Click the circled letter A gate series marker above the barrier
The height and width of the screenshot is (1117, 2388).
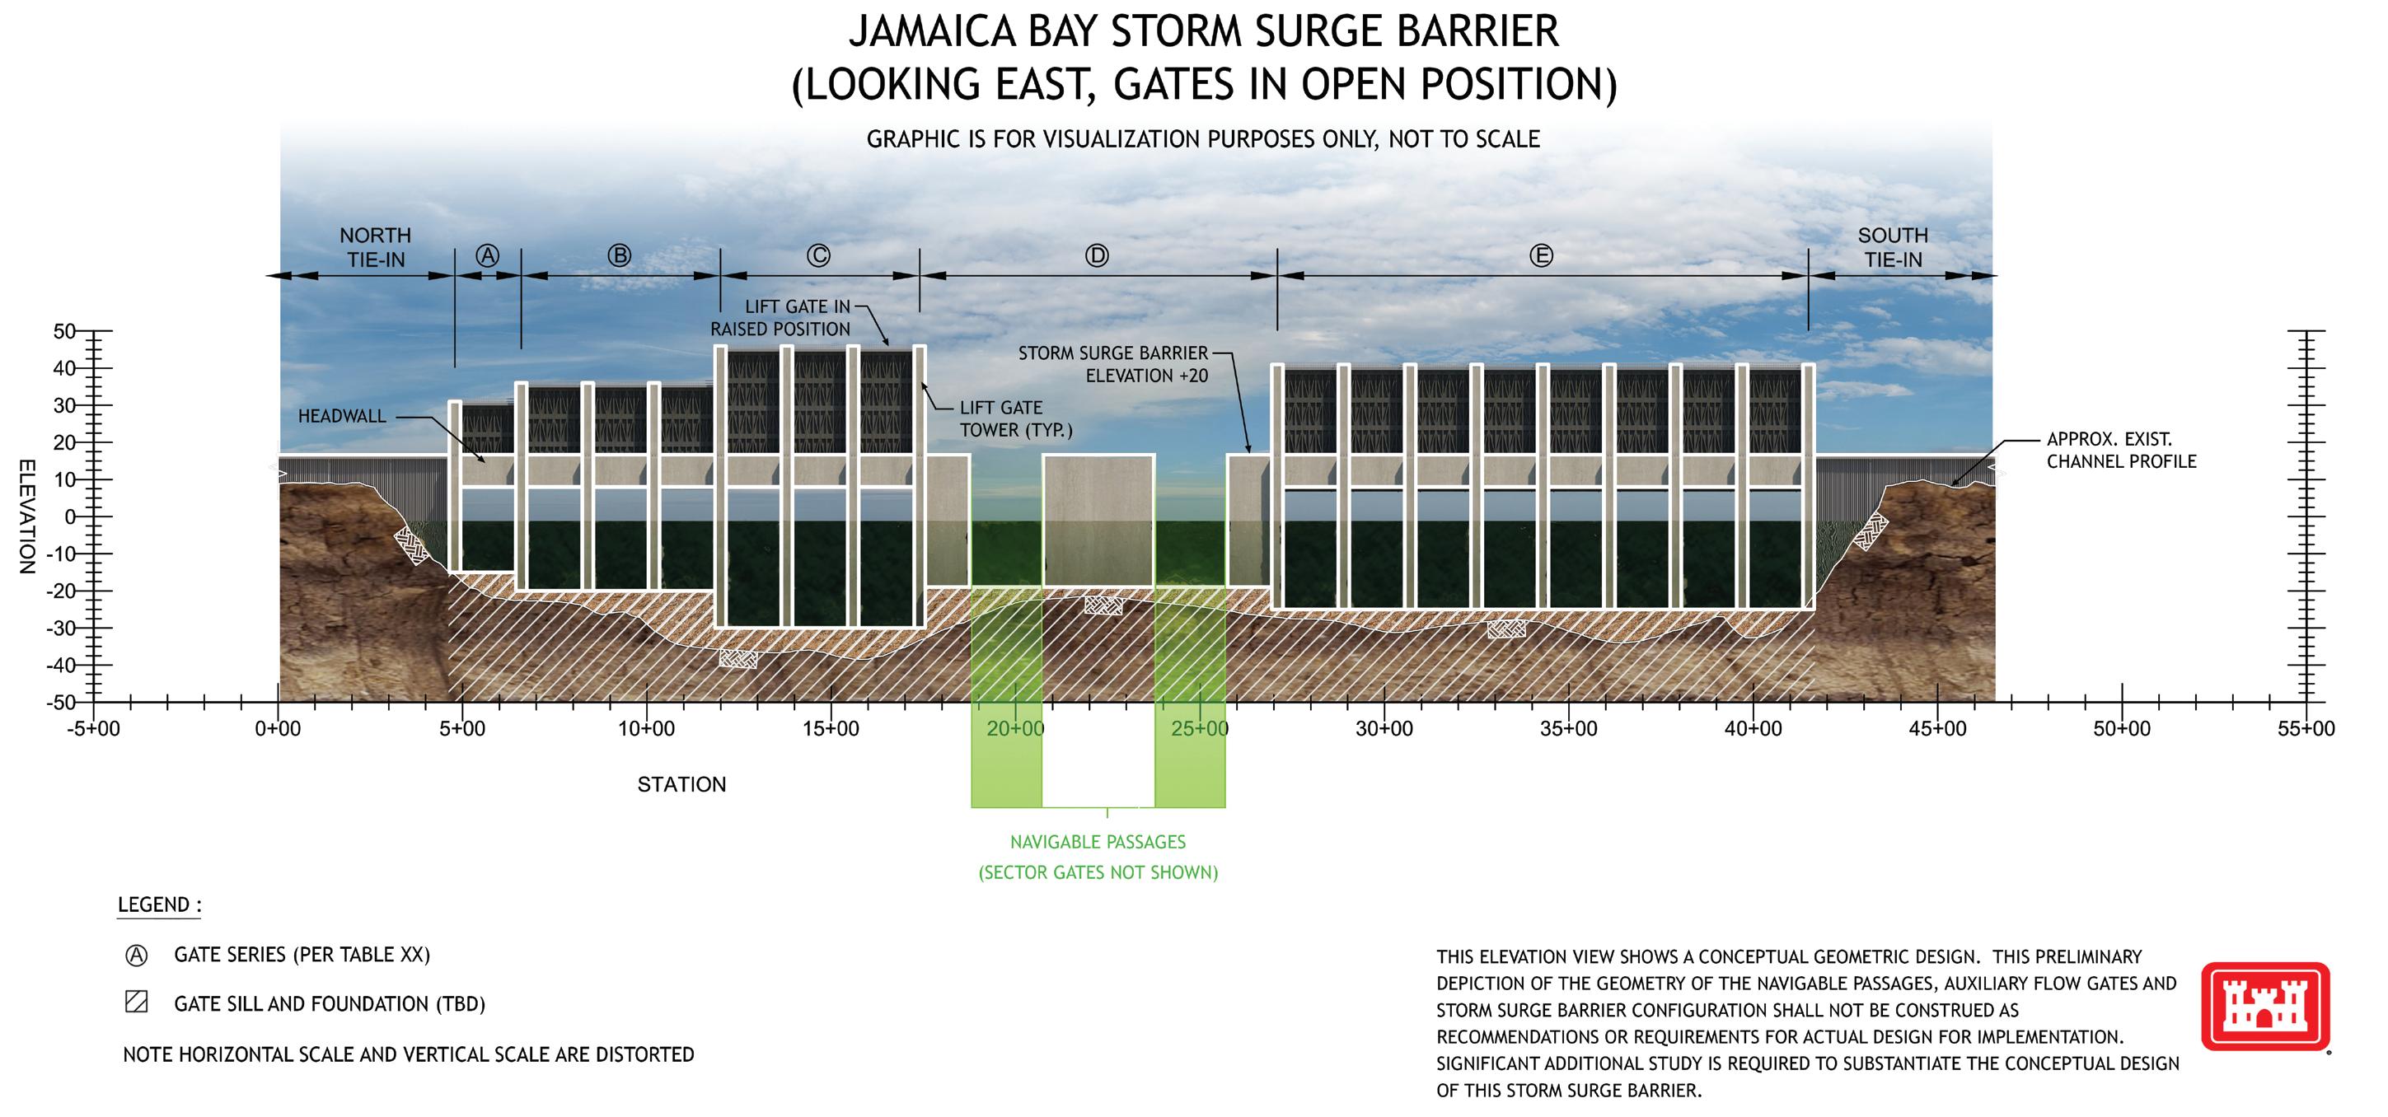tap(487, 256)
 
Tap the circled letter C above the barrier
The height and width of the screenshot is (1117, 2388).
tap(817, 256)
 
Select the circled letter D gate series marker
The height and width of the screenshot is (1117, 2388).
tap(1097, 256)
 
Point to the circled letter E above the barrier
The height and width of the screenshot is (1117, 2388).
tap(1541, 256)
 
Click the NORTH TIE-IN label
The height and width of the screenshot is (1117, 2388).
tap(376, 247)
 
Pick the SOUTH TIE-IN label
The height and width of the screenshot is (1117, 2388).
tap(1893, 247)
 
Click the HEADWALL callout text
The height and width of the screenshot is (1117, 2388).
tap(342, 416)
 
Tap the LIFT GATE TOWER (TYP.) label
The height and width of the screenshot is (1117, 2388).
tap(1015, 419)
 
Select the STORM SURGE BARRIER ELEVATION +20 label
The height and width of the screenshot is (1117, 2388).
tap(1113, 364)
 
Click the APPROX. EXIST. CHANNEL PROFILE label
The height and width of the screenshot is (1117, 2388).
tap(2121, 451)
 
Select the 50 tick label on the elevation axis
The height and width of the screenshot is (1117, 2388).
tap(65, 332)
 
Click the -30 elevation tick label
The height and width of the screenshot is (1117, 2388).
tap(61, 629)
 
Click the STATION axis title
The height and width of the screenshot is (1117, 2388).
tap(681, 785)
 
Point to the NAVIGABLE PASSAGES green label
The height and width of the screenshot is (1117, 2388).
tap(1098, 843)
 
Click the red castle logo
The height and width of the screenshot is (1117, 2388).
tap(2264, 1007)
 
